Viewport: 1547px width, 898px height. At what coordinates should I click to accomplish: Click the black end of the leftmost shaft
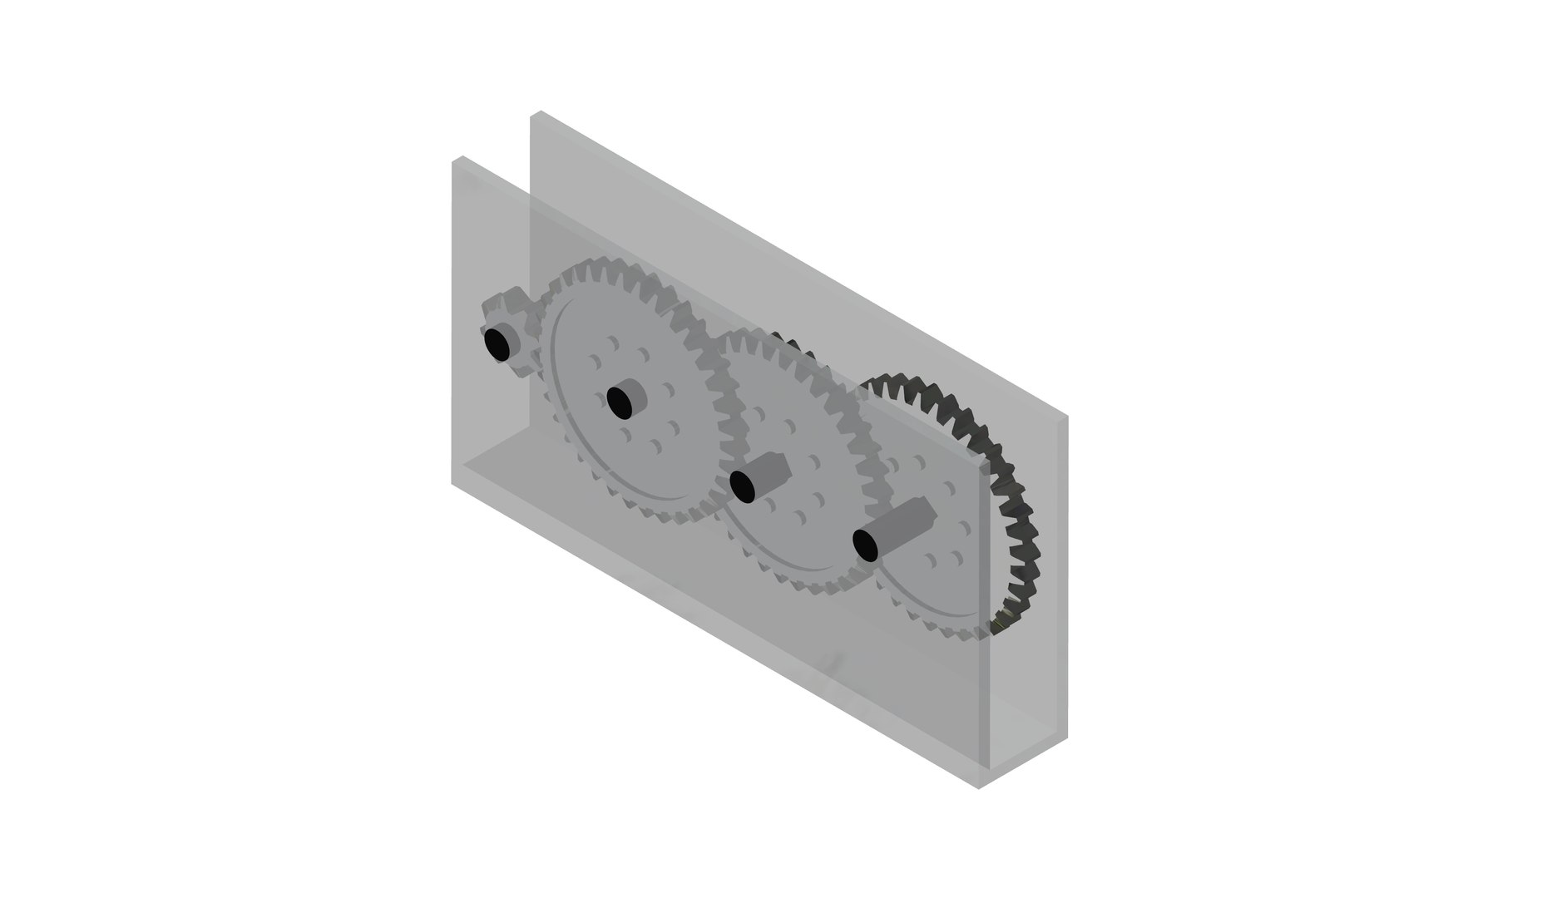tap(497, 343)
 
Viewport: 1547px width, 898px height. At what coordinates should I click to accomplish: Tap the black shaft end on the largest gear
tap(619, 402)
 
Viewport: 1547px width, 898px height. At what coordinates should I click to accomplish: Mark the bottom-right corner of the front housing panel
tap(980, 787)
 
